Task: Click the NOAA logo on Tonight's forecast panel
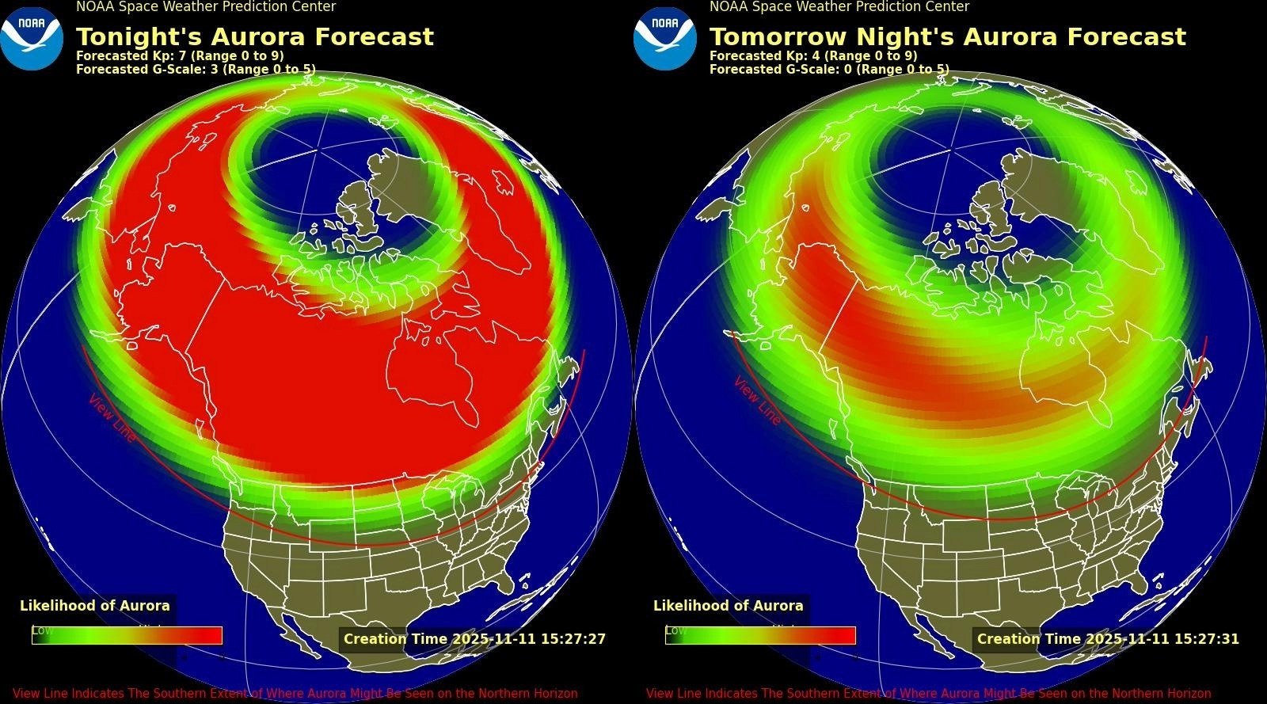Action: [32, 38]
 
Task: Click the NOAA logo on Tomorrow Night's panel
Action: [665, 38]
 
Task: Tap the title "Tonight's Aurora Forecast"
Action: [254, 37]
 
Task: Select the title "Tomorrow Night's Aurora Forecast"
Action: [947, 37]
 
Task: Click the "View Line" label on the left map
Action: [112, 417]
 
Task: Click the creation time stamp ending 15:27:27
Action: [474, 639]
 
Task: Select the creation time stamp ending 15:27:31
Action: [1108, 639]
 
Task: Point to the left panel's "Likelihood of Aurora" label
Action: [95, 606]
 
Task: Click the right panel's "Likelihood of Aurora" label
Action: [729, 606]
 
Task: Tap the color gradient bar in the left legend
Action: [127, 635]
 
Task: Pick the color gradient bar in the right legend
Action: [760, 635]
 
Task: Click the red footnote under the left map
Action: [295, 694]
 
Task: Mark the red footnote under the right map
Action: [928, 694]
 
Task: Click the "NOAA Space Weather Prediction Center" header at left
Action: [206, 7]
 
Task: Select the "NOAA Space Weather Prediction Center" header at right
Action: [839, 7]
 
